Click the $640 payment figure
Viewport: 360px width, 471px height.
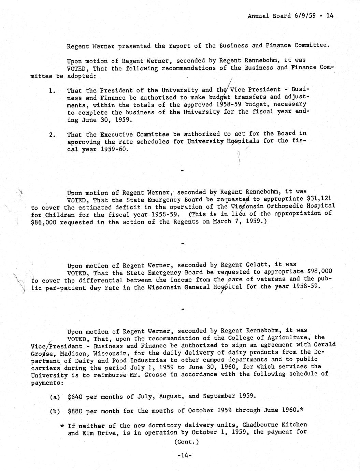click(x=75, y=396)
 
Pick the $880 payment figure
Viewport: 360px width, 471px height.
click(x=75, y=411)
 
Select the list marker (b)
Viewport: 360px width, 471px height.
click(x=55, y=411)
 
